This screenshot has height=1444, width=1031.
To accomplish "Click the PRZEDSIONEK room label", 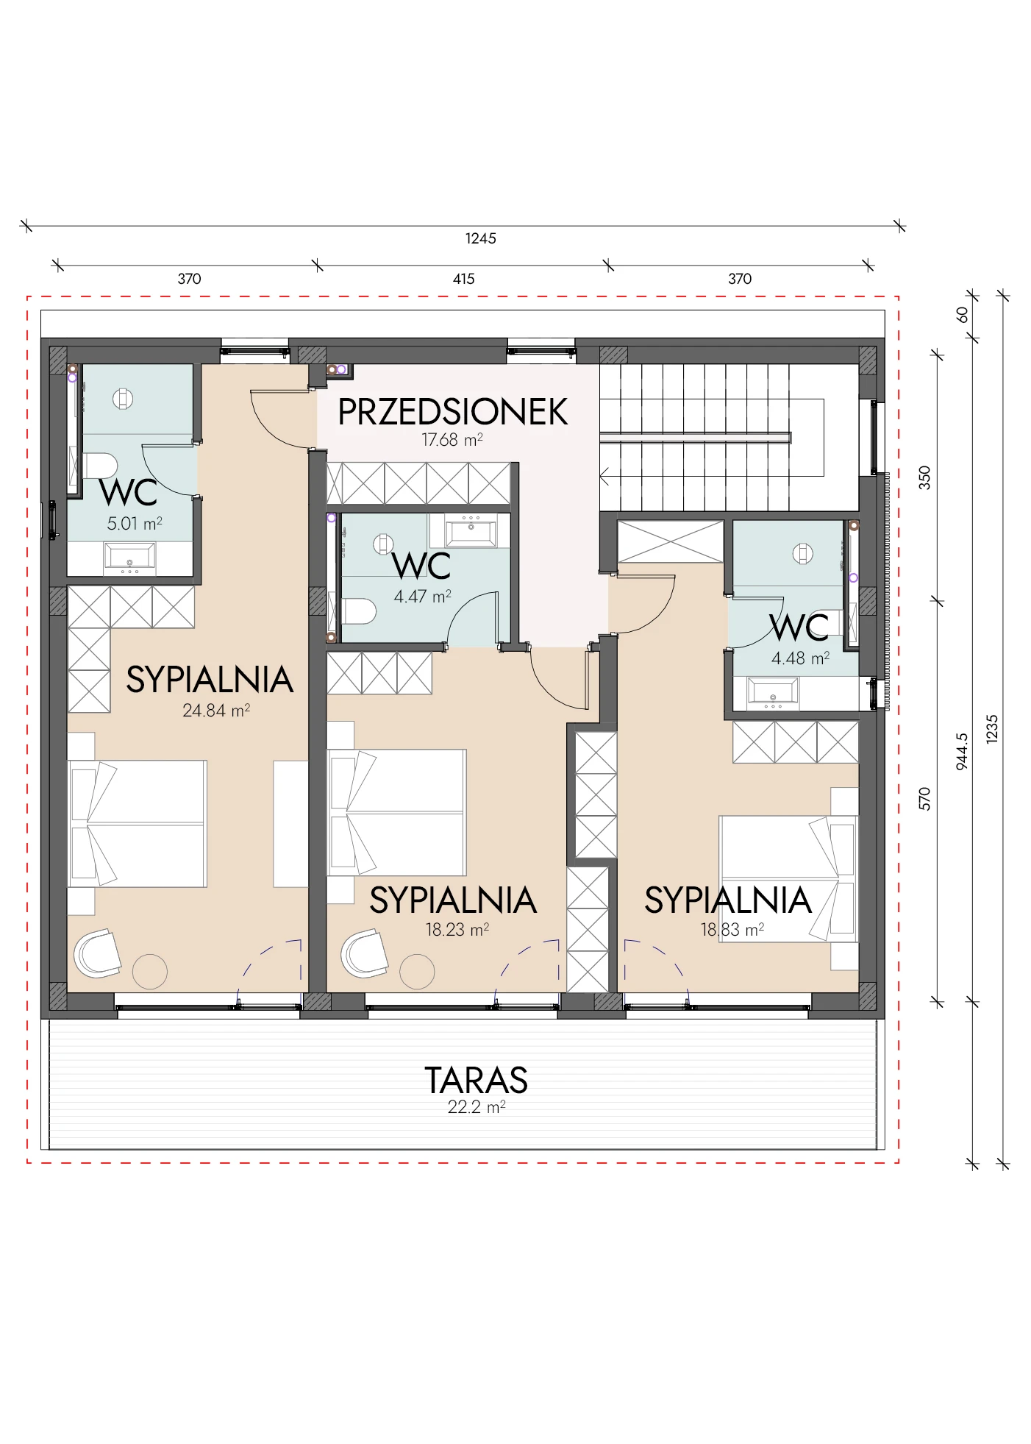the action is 452,412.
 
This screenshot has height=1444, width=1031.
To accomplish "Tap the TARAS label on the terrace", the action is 477,1080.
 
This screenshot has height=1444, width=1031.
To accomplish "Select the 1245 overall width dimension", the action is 481,238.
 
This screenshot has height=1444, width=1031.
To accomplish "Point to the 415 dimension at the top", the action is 464,279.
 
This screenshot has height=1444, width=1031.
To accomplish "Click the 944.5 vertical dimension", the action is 962,751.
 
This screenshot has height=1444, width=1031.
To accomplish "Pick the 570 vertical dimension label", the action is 925,799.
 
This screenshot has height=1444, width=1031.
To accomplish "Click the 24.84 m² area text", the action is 216,711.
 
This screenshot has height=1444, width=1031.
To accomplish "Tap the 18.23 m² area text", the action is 457,930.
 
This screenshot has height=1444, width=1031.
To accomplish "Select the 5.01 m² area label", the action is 135,524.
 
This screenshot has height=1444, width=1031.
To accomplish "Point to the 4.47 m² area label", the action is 422,597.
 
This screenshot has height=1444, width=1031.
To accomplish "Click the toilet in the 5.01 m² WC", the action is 101,466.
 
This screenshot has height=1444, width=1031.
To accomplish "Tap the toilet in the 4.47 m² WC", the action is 360,611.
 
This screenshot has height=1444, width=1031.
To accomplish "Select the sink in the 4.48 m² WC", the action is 772,694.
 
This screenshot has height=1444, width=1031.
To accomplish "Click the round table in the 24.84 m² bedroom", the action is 150,971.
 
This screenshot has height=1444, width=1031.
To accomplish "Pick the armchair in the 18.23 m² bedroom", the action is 365,953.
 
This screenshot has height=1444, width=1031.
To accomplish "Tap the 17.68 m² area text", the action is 452,440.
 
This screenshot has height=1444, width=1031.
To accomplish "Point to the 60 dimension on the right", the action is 962,315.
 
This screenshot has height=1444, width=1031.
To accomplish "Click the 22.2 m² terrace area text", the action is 477,1107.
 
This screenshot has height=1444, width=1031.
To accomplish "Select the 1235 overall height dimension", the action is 992,729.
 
